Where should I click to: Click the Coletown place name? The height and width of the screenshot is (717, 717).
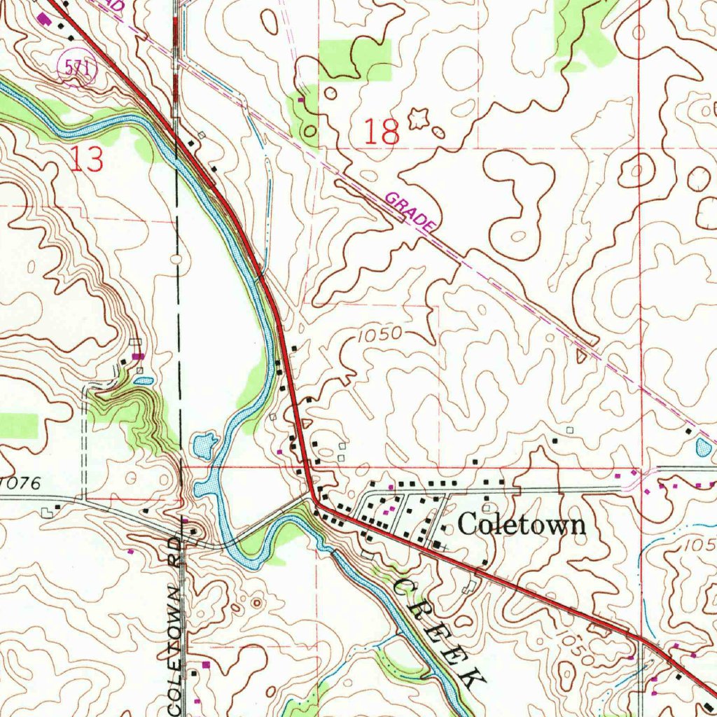tap(522, 524)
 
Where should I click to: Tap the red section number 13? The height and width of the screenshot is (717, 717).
tap(88, 161)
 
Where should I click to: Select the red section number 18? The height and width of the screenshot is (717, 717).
tap(382, 132)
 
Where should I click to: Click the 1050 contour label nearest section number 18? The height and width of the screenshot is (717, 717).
tap(379, 335)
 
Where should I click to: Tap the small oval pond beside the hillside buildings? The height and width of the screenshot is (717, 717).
tap(144, 381)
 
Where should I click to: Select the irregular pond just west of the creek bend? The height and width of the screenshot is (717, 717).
tap(205, 443)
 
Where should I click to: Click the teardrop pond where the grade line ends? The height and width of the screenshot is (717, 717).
tap(703, 446)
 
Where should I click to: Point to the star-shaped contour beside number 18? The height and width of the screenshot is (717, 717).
tap(418, 119)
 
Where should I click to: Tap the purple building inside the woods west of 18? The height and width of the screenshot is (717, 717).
tap(301, 100)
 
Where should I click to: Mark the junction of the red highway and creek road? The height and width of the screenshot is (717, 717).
tap(315, 501)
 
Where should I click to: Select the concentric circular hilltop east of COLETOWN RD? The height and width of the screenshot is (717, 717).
tap(256, 602)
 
